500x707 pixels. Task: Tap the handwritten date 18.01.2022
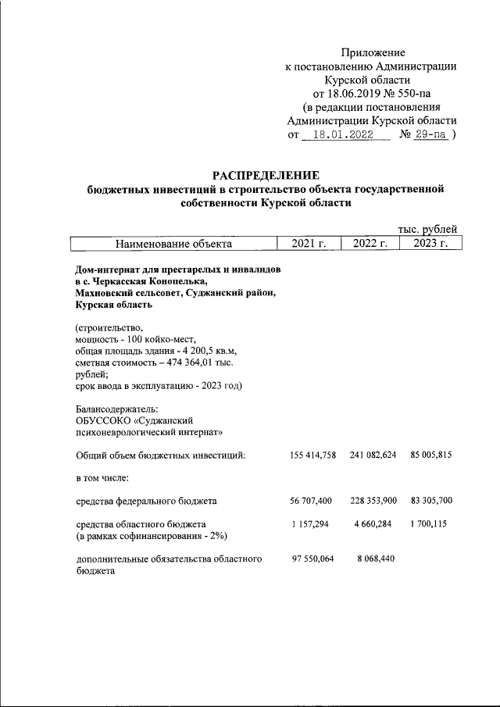[x=347, y=134]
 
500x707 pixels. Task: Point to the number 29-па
[x=432, y=134]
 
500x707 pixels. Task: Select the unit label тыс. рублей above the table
[x=427, y=229]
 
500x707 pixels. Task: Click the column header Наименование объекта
[x=174, y=244]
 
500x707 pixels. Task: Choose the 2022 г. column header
[x=370, y=244]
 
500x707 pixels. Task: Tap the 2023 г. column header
[x=430, y=244]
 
